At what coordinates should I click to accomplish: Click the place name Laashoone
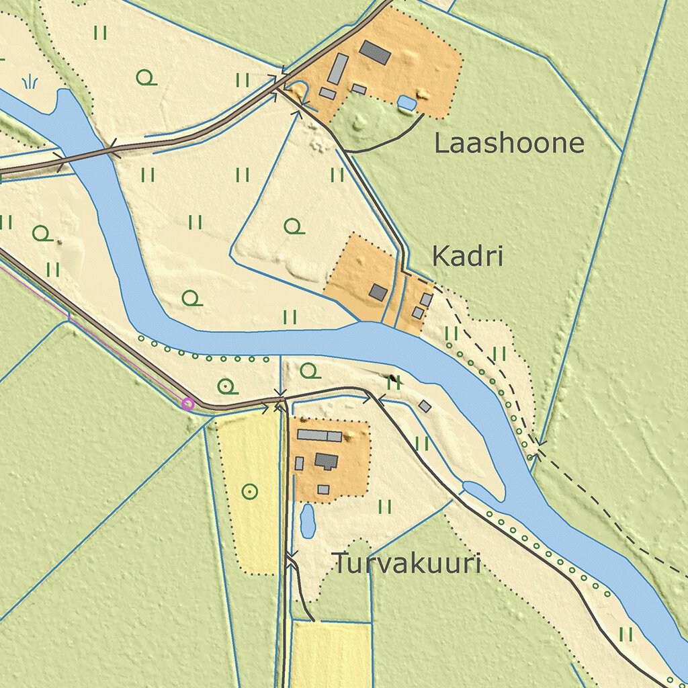(x=509, y=143)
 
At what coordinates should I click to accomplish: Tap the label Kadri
(x=467, y=256)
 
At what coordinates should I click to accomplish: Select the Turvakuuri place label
(x=407, y=564)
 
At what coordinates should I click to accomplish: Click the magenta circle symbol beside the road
(x=188, y=404)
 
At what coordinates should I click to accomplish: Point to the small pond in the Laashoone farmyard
(x=406, y=102)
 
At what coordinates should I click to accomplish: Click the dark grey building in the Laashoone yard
(x=375, y=52)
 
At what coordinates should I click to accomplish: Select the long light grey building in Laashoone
(x=338, y=69)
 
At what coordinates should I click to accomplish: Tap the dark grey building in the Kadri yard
(x=378, y=292)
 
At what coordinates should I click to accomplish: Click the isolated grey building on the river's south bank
(x=425, y=406)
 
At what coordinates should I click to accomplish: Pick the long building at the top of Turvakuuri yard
(x=319, y=435)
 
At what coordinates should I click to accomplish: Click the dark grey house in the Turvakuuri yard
(x=327, y=461)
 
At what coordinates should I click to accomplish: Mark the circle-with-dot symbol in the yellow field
(x=249, y=492)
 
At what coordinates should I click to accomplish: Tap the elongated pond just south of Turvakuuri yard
(x=308, y=521)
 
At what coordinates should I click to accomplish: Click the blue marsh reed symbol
(x=30, y=83)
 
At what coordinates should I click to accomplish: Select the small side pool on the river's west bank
(x=480, y=490)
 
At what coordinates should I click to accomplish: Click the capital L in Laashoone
(x=442, y=143)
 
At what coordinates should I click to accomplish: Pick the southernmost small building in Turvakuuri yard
(x=323, y=489)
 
